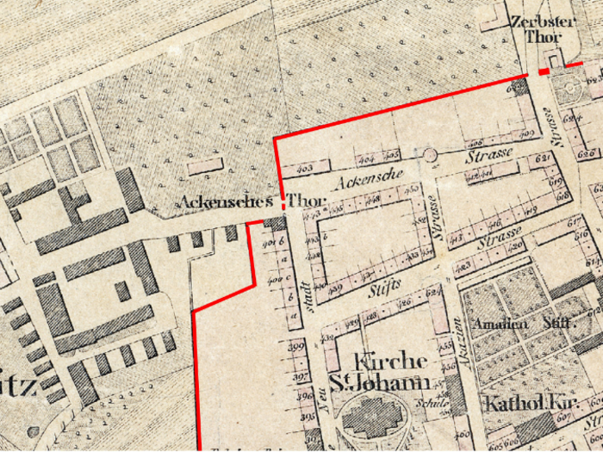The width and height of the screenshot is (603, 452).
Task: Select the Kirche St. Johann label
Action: point(378,371)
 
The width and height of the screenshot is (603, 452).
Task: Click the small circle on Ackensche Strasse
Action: point(430,155)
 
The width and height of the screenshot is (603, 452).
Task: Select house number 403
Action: point(303,169)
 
